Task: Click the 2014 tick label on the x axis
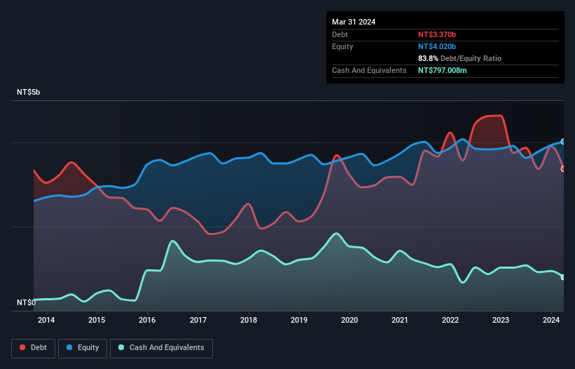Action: [47, 321]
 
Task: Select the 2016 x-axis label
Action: [148, 321]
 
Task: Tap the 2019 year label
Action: [299, 321]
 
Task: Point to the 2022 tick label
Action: [450, 321]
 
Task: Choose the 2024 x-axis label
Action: [551, 321]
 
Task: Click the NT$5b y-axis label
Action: [29, 93]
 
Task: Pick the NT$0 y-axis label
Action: [26, 303]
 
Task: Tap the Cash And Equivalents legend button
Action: [161, 347]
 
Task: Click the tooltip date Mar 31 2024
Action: [354, 22]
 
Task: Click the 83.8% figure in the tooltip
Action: [429, 58]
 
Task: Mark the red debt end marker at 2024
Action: [563, 168]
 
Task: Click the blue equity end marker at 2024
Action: [563, 142]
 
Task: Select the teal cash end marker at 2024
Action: [563, 277]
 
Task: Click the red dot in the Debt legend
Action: [22, 347]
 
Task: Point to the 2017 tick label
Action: [198, 321]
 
